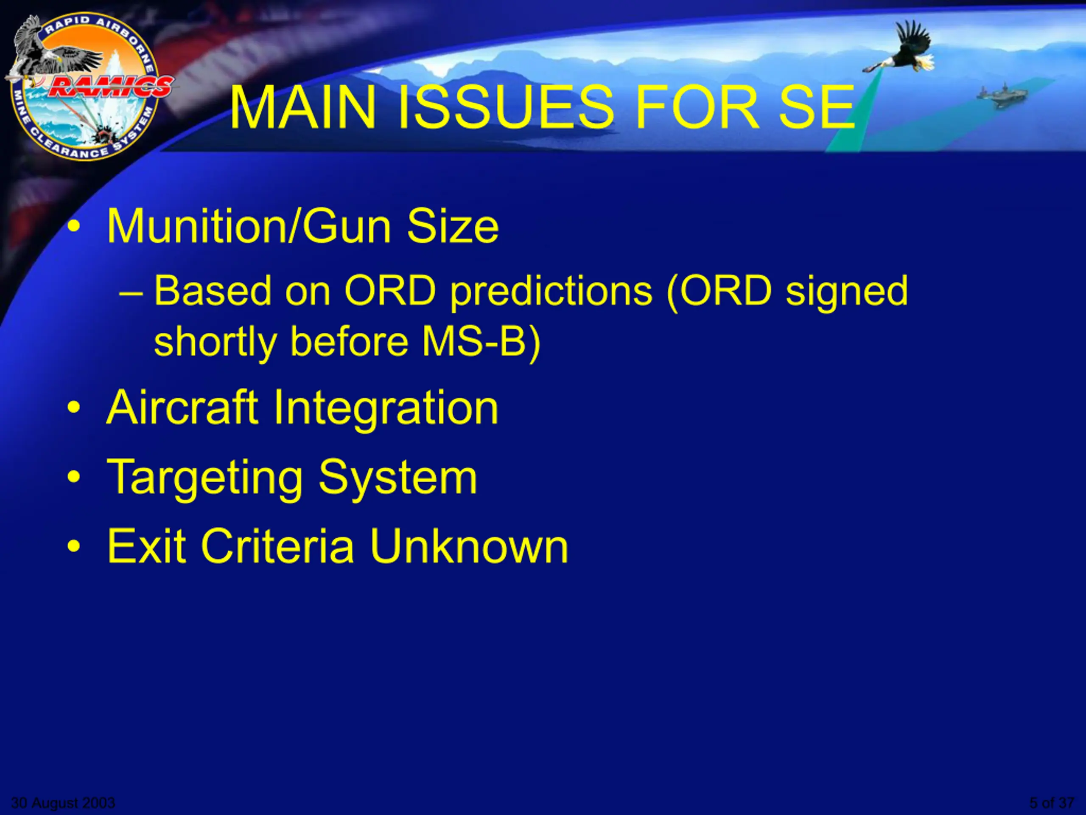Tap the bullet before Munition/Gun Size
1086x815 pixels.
pyautogui.click(x=74, y=227)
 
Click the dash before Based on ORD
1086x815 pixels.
pyautogui.click(x=131, y=293)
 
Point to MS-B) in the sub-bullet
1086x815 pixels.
pyautogui.click(x=481, y=342)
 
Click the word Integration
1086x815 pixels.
pyautogui.click(x=386, y=409)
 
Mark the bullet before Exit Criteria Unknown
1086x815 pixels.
pyautogui.click(x=74, y=546)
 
